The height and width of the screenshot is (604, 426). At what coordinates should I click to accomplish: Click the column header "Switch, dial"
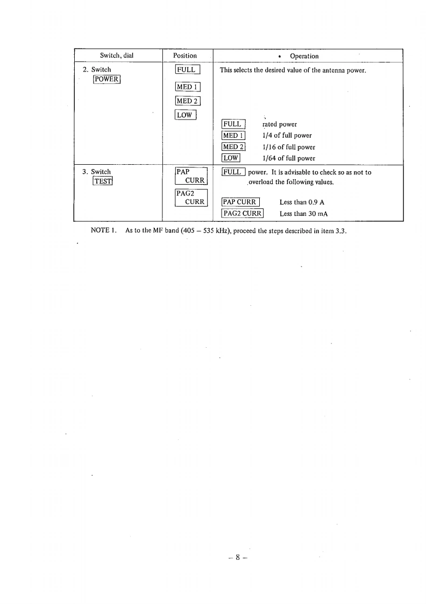pyautogui.click(x=117, y=55)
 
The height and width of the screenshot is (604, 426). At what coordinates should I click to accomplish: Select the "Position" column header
pyautogui.click(x=185, y=55)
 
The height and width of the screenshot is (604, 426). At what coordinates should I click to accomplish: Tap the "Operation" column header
pyautogui.click(x=304, y=56)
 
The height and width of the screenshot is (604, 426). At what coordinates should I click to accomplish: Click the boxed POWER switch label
pyautogui.click(x=106, y=80)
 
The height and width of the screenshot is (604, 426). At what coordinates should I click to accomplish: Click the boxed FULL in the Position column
pyautogui.click(x=188, y=70)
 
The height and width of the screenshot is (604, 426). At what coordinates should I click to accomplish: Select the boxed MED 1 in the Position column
pyautogui.click(x=188, y=88)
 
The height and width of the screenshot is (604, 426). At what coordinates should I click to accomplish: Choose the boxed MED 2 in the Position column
pyautogui.click(x=188, y=101)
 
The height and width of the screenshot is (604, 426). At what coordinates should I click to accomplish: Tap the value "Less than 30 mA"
pyautogui.click(x=304, y=214)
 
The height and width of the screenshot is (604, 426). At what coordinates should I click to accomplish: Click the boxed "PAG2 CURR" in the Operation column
pyautogui.click(x=242, y=214)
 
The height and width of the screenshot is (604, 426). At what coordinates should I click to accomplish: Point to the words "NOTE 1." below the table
pyautogui.click(x=105, y=230)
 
